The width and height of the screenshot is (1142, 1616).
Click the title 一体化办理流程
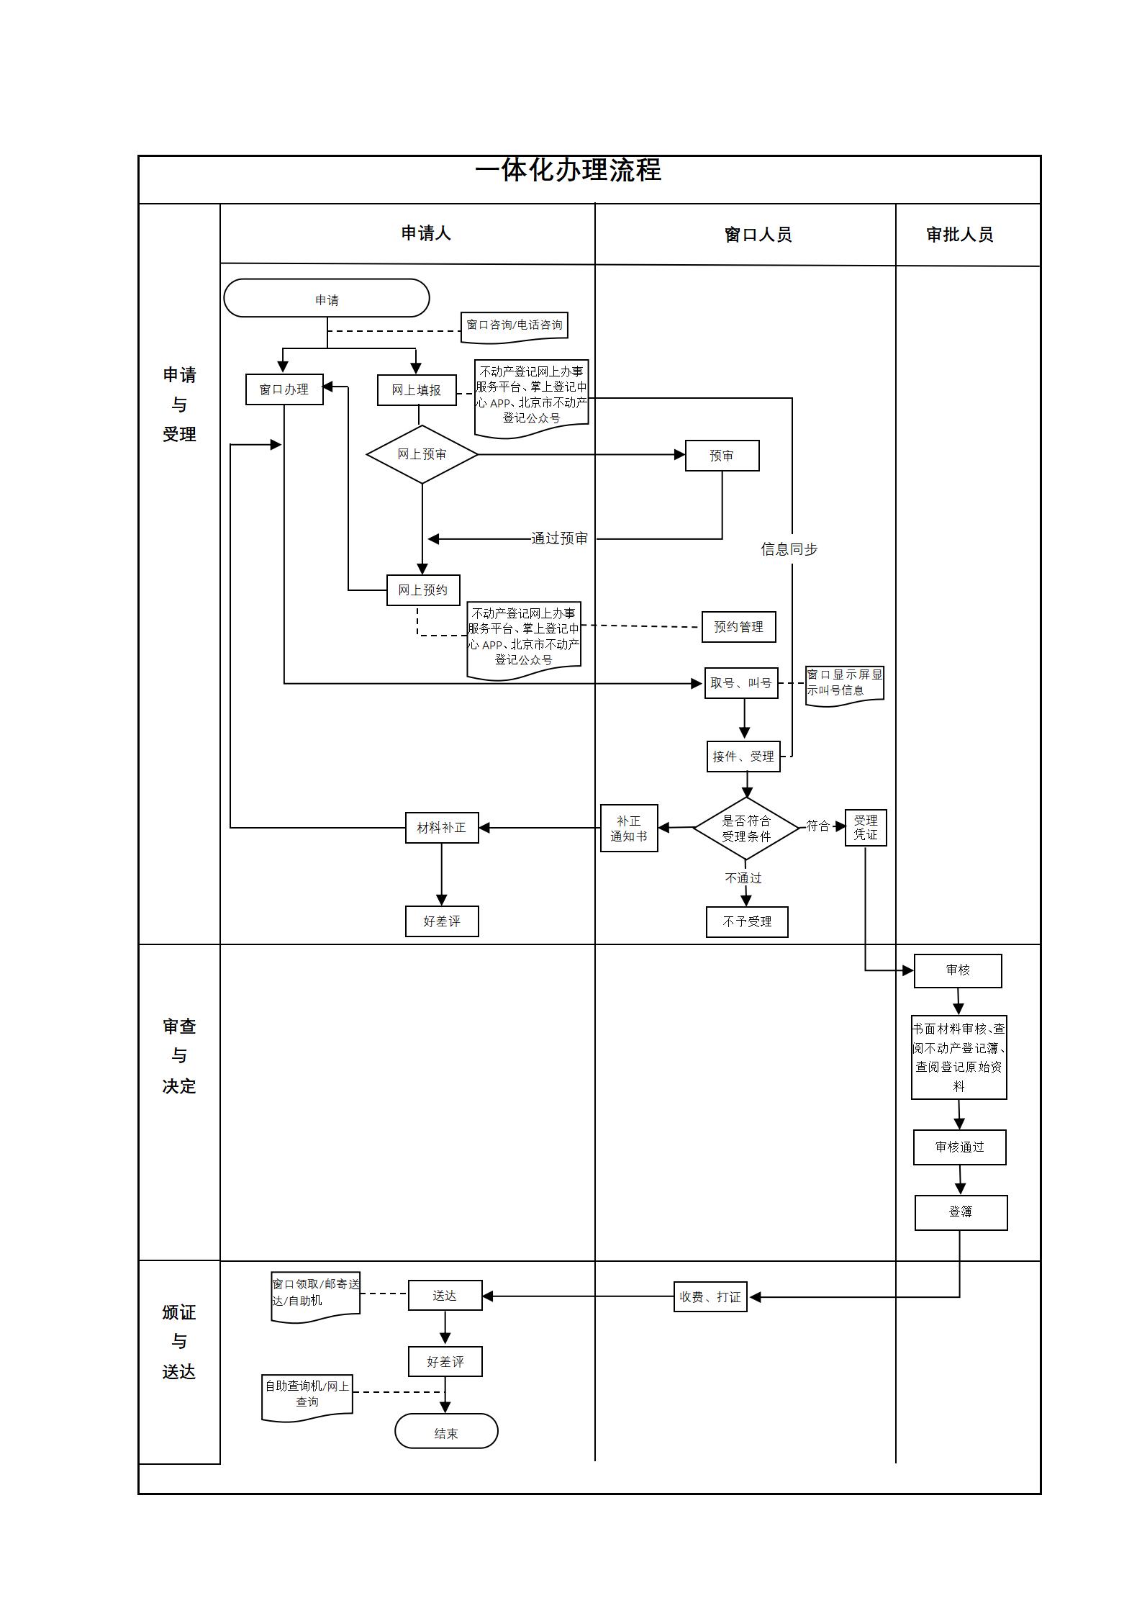click(568, 171)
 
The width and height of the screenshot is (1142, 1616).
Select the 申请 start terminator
click(327, 299)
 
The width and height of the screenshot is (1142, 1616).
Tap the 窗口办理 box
click(284, 389)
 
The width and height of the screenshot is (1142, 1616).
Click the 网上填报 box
click(417, 390)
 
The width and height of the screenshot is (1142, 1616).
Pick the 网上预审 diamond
click(422, 454)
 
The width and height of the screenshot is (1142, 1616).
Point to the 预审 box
click(722, 456)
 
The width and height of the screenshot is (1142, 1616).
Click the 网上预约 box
click(423, 590)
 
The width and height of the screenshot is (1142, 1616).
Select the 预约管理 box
click(738, 627)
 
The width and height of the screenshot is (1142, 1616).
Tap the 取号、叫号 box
click(741, 683)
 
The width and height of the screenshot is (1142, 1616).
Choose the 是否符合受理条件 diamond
click(746, 829)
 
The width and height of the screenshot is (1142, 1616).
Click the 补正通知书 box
click(629, 829)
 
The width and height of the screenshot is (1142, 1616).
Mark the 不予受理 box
click(747, 922)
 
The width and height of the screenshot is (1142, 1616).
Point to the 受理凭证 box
click(866, 828)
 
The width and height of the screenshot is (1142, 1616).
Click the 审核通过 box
click(959, 1147)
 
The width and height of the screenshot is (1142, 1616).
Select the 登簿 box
click(961, 1213)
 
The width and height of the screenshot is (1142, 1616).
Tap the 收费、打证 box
click(710, 1297)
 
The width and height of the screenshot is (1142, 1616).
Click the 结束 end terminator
click(446, 1434)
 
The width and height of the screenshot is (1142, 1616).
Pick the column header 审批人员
click(960, 235)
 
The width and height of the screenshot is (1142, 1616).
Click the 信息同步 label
click(789, 549)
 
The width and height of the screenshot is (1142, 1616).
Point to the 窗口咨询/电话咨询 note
click(515, 325)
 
